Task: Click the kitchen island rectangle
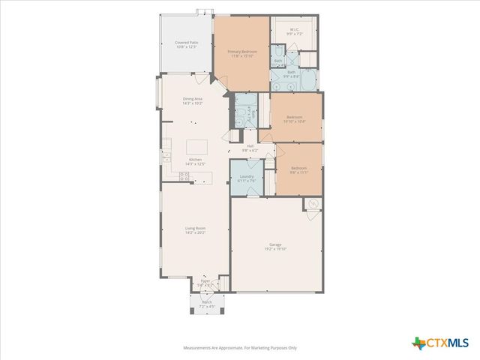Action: [x=196, y=146]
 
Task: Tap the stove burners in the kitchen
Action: [x=183, y=177]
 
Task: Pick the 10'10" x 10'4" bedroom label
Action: [x=295, y=118]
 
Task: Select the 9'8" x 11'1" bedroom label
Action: [x=298, y=169]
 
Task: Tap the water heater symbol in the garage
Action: [x=313, y=204]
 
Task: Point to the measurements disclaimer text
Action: [x=240, y=348]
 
